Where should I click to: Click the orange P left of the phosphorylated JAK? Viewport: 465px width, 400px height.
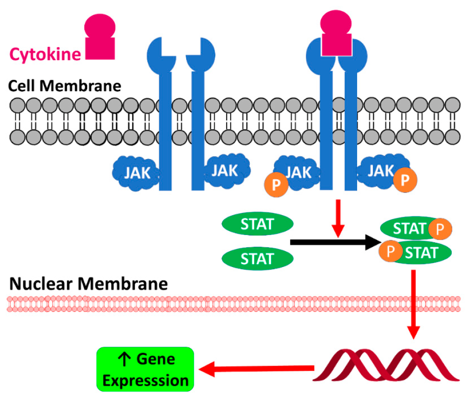[276, 186]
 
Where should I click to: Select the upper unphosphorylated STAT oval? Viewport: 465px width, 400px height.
[258, 225]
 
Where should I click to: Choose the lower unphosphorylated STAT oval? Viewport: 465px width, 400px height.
[258, 257]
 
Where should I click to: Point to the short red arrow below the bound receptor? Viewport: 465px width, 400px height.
[338, 217]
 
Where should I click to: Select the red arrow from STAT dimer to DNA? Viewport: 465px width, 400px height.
[413, 303]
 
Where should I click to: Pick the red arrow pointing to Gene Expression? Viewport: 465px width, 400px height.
[256, 368]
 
